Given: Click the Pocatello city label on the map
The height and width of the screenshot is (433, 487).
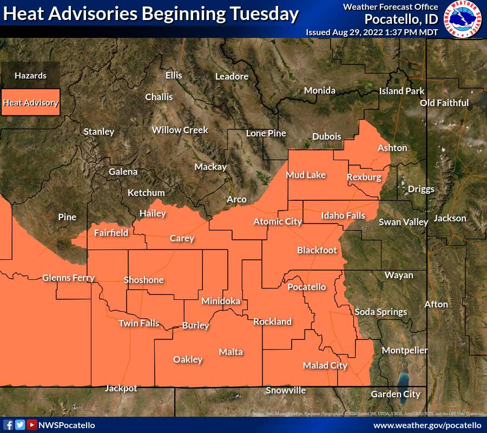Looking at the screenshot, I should [x=306, y=287].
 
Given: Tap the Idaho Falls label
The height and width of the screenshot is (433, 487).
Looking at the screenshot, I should [x=343, y=215].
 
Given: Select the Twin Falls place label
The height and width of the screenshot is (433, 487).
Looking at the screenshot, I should [x=139, y=323].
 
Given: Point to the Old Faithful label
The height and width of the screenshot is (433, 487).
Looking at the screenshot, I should [x=444, y=103].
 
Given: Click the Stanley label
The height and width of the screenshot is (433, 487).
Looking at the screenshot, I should [x=98, y=132].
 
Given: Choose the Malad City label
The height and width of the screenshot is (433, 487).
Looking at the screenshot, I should [x=325, y=365].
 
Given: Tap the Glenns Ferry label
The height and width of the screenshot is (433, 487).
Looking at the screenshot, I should [x=68, y=278].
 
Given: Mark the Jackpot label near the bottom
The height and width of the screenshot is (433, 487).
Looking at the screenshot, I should [x=121, y=388].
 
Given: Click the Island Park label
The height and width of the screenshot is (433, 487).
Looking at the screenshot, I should [x=402, y=91].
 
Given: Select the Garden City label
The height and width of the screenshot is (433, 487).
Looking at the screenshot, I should [x=396, y=394].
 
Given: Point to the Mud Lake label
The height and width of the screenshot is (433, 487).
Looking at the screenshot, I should [x=306, y=175].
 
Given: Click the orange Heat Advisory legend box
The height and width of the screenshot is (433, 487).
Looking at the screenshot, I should [x=30, y=102].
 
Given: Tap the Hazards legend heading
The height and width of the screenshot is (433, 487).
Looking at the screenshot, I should [x=30, y=76].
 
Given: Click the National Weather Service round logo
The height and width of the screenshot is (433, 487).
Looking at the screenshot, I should [x=464, y=19].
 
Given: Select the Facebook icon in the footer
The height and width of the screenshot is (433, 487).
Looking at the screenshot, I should [x=9, y=425].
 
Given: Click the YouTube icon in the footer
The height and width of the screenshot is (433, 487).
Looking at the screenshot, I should [x=32, y=425].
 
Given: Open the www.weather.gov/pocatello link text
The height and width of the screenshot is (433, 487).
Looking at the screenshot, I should [x=427, y=425].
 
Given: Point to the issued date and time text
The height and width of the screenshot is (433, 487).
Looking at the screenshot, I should [x=372, y=32].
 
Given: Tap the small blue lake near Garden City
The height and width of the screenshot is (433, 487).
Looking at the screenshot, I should [x=403, y=379].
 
